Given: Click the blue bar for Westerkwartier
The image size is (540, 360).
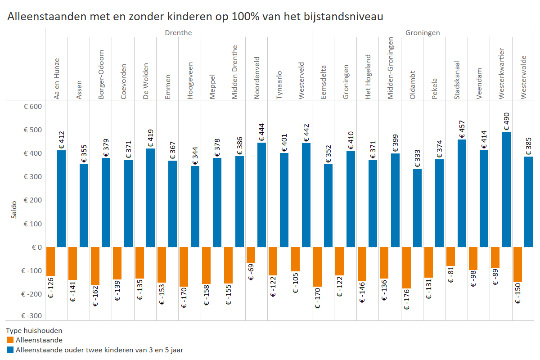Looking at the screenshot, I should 506,189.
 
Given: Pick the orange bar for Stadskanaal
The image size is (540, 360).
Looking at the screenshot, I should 450,256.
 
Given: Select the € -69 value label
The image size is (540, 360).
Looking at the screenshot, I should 251,273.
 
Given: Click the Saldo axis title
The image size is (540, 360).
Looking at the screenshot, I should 14,210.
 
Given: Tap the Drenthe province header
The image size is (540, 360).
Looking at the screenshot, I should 178,33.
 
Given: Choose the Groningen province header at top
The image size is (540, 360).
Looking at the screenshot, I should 423,33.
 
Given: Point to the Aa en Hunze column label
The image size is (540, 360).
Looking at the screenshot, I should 57,79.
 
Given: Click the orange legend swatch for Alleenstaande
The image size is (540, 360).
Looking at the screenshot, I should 10,340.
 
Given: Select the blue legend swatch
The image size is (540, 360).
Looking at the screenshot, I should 10,349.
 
